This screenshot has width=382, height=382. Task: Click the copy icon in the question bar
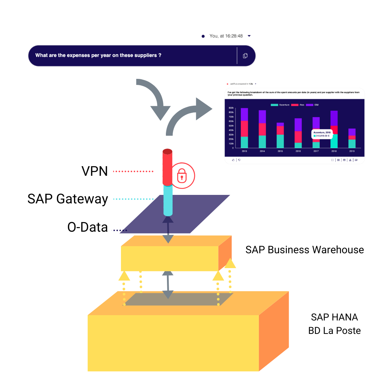(245, 56)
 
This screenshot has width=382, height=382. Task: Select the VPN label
(94, 171)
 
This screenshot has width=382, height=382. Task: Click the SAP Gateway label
(68, 199)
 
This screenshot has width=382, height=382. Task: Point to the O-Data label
(87, 227)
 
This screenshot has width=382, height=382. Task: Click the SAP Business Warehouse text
(304, 250)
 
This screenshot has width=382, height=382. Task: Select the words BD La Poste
(334, 331)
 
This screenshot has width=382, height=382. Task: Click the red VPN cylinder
(167, 166)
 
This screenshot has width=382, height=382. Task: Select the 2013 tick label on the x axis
(244, 151)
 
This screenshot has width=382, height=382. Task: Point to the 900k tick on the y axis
(231, 108)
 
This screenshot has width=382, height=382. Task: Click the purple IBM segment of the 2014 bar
(262, 117)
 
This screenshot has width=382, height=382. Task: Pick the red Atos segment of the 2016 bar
(298, 137)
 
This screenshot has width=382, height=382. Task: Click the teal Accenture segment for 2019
(352, 144)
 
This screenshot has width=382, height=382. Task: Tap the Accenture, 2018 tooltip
(323, 134)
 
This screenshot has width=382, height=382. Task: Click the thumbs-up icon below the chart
(233, 160)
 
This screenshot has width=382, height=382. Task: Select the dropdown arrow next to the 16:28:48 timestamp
(249, 36)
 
